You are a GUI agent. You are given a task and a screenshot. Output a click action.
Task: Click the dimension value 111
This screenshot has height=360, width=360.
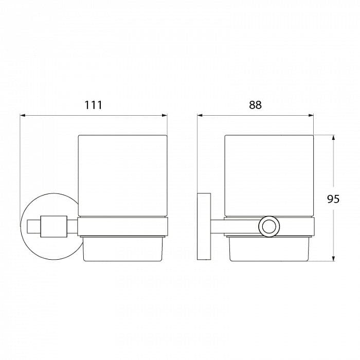tap(94, 105)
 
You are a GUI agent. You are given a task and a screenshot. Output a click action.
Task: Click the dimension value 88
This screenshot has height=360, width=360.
tap(255, 105)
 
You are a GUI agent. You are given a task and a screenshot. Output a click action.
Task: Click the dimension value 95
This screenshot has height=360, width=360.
tap(333, 199)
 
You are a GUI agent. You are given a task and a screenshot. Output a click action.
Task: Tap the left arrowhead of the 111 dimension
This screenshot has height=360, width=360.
tap(23, 116)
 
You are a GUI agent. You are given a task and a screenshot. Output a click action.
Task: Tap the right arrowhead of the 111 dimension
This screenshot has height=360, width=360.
tap(165, 116)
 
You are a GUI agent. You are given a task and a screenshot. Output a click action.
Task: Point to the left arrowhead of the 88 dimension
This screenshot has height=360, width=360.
tap(200, 116)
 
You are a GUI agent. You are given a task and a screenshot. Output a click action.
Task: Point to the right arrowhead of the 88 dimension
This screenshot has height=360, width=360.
tap(311, 116)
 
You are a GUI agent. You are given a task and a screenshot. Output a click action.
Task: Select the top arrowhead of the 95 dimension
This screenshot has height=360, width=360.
tap(334, 138)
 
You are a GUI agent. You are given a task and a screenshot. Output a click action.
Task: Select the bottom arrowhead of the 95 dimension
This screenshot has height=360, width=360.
tap(334, 258)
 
